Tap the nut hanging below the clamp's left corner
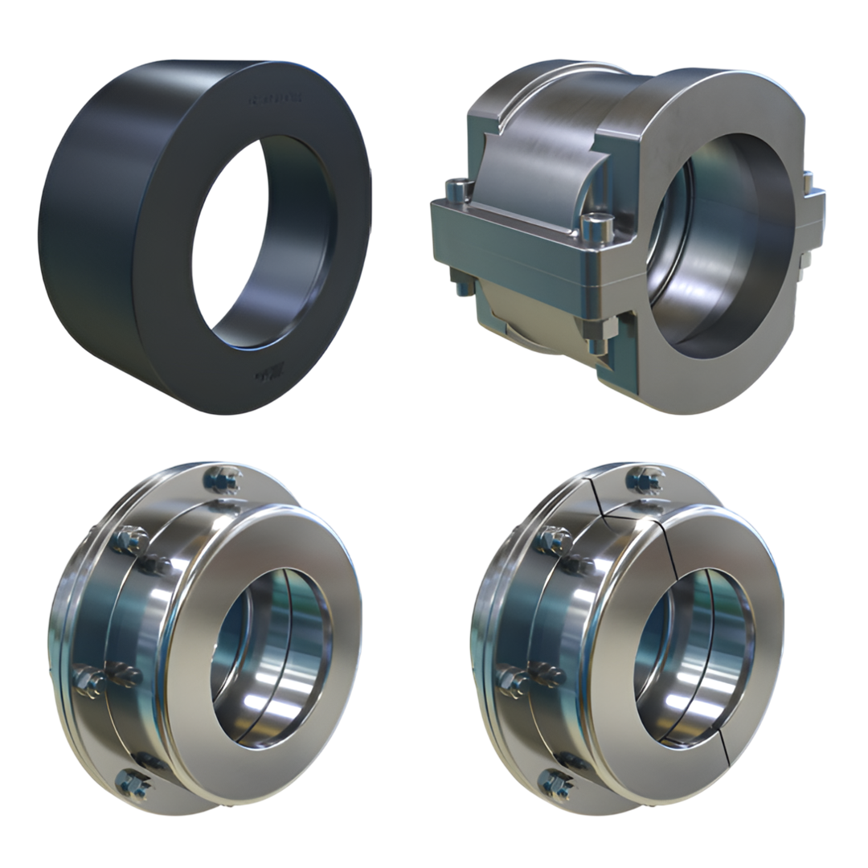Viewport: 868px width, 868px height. click(461, 282)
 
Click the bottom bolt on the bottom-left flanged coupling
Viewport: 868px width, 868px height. click(133, 783)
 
